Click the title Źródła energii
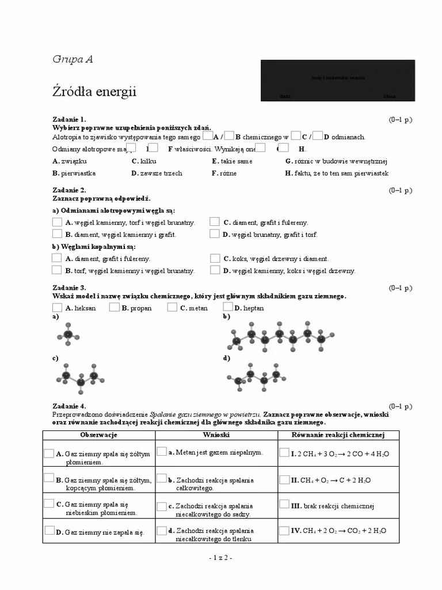click(94, 92)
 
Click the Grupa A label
click(73, 59)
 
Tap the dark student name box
click(338, 80)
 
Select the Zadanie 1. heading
click(69, 119)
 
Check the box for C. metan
click(173, 307)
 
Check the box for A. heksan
click(58, 307)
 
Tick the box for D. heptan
click(228, 307)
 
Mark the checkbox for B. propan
click(114, 307)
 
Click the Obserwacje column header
click(99, 434)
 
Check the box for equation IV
click(284, 530)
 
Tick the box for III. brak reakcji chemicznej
click(284, 505)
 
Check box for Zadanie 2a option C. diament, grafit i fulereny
click(215, 222)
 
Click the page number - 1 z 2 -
click(220, 558)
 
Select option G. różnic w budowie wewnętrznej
click(337, 161)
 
